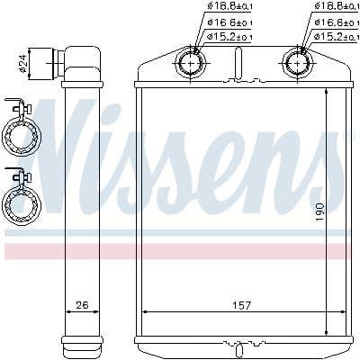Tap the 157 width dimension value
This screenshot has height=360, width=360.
pyautogui.click(x=242, y=305)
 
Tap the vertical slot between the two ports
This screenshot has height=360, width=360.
pyautogui.click(x=238, y=67)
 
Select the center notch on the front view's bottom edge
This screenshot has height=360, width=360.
pyautogui.click(x=240, y=343)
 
